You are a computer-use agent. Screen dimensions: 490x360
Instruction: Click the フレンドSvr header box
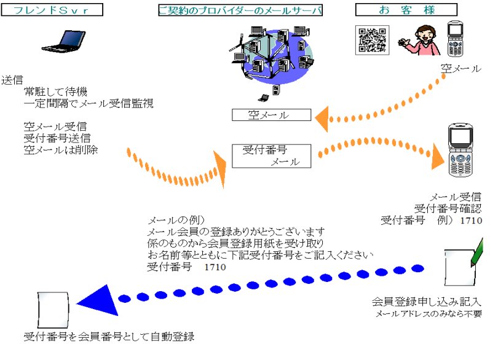[52, 10]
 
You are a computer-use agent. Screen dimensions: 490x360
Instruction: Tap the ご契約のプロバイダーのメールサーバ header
[240, 10]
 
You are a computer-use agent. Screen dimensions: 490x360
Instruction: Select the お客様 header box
[406, 10]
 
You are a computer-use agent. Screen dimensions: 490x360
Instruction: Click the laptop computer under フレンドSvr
[65, 41]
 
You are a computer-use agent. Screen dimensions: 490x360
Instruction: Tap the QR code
[372, 40]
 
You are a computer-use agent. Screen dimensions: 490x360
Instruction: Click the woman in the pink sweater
[419, 41]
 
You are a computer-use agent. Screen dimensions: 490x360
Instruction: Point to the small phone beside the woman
[456, 39]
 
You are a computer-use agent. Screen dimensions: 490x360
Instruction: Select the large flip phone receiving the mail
[460, 150]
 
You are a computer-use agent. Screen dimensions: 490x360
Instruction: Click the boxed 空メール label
[271, 115]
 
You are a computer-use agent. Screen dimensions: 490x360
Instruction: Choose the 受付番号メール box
[271, 156]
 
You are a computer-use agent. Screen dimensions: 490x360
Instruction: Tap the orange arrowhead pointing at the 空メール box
[322, 119]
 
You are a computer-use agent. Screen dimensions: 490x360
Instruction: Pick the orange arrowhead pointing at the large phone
[438, 156]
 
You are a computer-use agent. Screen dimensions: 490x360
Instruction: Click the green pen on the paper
[477, 252]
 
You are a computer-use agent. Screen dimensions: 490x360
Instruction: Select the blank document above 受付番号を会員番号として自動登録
[53, 310]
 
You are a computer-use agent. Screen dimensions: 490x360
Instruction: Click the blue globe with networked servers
[272, 58]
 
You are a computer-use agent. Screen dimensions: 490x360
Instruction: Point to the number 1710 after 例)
[471, 221]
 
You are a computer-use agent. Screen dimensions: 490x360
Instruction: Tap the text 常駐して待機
[55, 92]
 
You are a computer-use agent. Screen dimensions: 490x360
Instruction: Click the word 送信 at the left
[12, 80]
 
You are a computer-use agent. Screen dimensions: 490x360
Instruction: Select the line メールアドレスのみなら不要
[429, 313]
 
